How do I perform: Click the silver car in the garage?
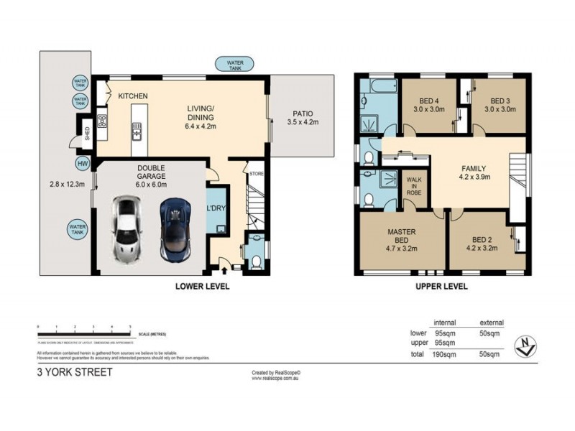click(126, 229)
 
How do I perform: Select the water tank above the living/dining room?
click(235, 65)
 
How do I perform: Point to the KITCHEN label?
click(133, 96)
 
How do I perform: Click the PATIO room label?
click(302, 113)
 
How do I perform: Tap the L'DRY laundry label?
click(216, 208)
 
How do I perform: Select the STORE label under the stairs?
click(256, 174)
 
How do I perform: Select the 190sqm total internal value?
click(443, 355)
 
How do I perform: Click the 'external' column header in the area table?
click(491, 323)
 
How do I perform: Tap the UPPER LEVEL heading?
click(442, 286)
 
